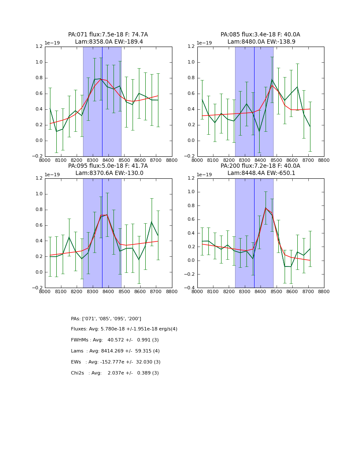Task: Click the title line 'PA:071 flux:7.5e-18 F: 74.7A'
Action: click(108, 35)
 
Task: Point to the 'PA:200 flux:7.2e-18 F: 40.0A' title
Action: click(260, 166)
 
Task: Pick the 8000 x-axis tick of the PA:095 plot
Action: click(45, 292)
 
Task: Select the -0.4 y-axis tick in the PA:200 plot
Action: click(192, 288)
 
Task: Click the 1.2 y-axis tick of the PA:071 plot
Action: click(39, 47)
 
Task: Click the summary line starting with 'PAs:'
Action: click(106, 319)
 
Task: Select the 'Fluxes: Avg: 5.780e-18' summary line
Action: click(124, 329)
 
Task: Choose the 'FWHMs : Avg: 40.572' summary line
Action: click(115, 340)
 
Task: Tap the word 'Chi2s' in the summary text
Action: click(78, 373)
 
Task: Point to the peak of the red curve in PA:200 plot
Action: click(266, 208)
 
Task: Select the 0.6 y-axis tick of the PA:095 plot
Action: click(39, 225)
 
